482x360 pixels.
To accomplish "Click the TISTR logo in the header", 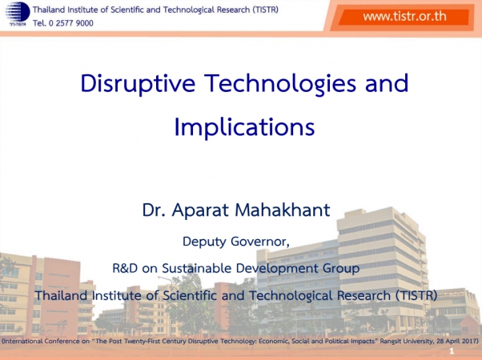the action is coord(18,14).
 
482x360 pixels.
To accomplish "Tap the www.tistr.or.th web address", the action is coord(404,16).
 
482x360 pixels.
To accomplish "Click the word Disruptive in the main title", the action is coord(138,83).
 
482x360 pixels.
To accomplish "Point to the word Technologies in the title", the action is coord(280,83).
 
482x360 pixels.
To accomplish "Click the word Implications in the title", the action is coord(244,127).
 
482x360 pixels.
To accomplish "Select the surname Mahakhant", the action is coord(282,210).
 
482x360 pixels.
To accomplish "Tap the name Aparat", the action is coord(200,210).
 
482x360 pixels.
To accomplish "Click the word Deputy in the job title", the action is coord(204,242).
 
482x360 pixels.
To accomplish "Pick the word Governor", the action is coord(260,242).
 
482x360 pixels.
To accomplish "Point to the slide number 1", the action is coord(452,351).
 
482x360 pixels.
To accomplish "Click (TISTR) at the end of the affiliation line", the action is coord(416,295).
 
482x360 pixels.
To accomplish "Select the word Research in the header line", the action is coord(233,10).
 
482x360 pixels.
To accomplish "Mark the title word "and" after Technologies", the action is coord(387,83).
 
